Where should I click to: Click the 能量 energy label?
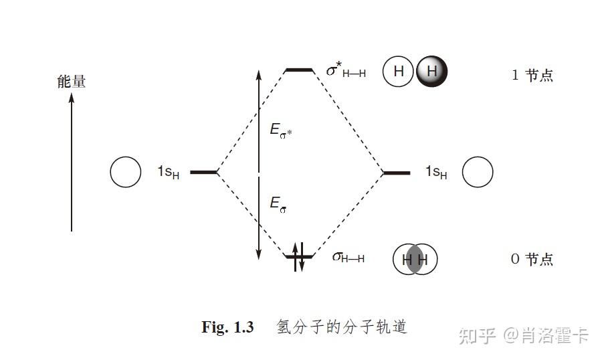click(x=72, y=82)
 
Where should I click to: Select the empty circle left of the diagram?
click(x=125, y=172)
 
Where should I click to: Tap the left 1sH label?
click(x=169, y=172)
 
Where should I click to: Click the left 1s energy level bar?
click(x=203, y=172)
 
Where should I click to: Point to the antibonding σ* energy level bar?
click(x=299, y=70)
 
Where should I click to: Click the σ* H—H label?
click(x=346, y=71)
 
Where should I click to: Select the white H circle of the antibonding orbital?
click(x=398, y=72)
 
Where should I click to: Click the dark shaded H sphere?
click(x=431, y=72)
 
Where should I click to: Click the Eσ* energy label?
click(x=281, y=130)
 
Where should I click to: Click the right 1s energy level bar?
click(x=397, y=173)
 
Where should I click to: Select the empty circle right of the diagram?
click(x=478, y=173)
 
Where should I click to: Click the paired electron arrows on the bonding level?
click(x=298, y=256)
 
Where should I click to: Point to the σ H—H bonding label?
click(x=348, y=258)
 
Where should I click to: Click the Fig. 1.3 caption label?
click(x=227, y=327)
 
